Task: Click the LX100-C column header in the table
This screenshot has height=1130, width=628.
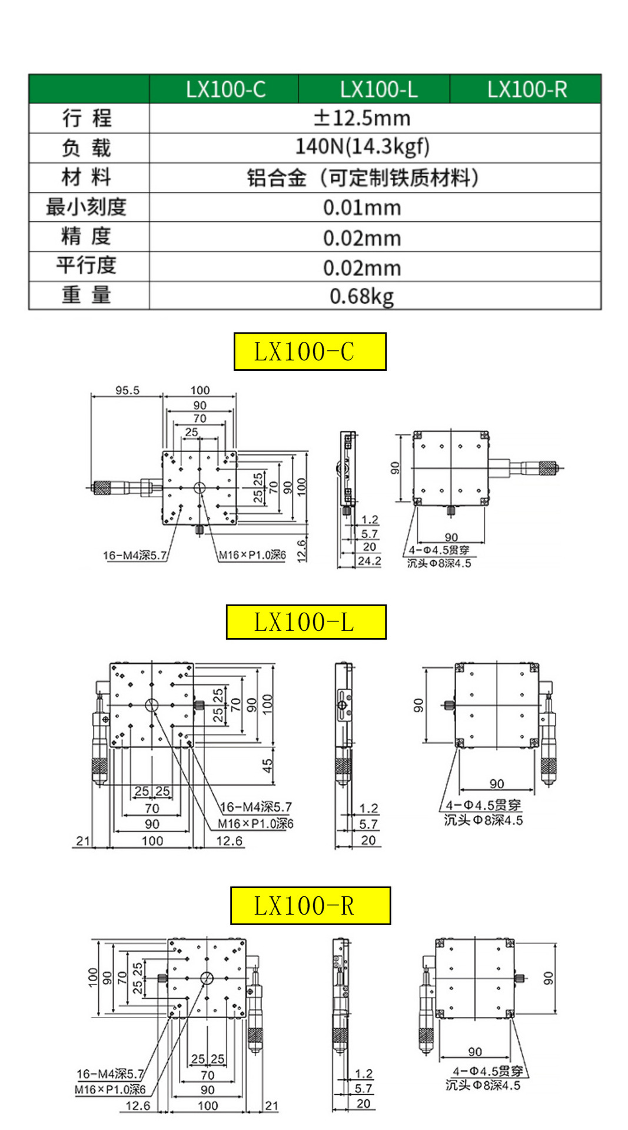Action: click(x=225, y=89)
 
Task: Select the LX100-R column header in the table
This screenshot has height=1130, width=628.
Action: click(x=526, y=89)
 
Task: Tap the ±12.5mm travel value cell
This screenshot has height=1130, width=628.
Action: click(x=361, y=118)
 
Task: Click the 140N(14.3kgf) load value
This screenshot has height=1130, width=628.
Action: click(x=361, y=147)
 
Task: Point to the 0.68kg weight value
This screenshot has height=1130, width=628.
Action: click(x=361, y=296)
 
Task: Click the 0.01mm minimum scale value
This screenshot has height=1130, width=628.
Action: click(x=361, y=208)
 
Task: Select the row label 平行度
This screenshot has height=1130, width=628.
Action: click(x=87, y=265)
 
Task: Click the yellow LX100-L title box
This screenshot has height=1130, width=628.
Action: click(x=305, y=622)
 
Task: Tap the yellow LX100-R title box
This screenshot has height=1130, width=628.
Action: click(x=310, y=906)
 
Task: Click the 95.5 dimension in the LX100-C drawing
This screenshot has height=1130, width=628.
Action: click(x=127, y=390)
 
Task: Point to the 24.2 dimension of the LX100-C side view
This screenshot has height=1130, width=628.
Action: click(x=369, y=561)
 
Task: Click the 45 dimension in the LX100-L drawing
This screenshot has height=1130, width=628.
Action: click(x=267, y=765)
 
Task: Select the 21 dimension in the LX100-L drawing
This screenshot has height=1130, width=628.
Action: click(x=83, y=841)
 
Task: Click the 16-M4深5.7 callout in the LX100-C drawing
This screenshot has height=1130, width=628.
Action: click(x=135, y=555)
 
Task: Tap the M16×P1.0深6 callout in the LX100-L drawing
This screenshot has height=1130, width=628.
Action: click(x=255, y=823)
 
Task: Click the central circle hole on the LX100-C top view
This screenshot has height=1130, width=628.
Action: click(x=199, y=487)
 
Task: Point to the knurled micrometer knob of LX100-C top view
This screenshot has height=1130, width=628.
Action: click(x=102, y=487)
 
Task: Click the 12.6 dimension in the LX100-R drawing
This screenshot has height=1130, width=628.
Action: click(x=138, y=1106)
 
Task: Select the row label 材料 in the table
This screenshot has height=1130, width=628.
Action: click(x=87, y=177)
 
